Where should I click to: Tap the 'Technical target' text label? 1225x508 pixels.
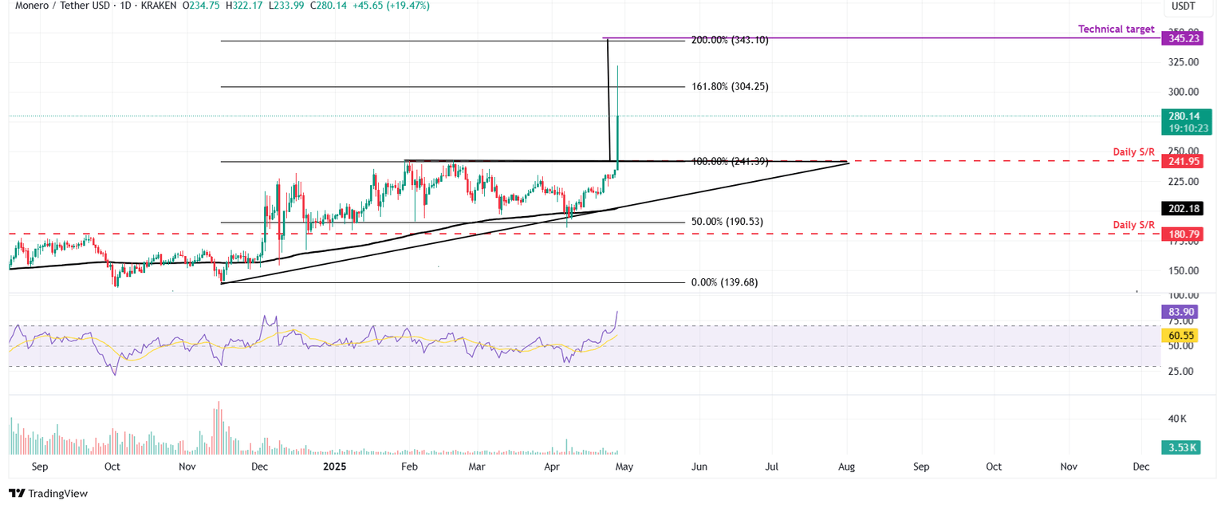[1116, 29]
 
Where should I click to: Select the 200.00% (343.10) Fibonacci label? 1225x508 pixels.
[730, 40]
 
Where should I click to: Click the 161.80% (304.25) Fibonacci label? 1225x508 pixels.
[730, 86]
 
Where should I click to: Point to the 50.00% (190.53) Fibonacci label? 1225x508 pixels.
[727, 222]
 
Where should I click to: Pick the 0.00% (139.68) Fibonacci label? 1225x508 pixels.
[723, 282]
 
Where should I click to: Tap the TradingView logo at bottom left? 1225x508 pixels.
[48, 494]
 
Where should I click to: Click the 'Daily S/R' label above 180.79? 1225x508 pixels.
[1133, 225]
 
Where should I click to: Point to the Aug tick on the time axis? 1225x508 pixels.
[846, 466]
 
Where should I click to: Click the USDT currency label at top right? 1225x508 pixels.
[1182, 6]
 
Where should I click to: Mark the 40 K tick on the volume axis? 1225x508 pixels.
[1178, 419]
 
